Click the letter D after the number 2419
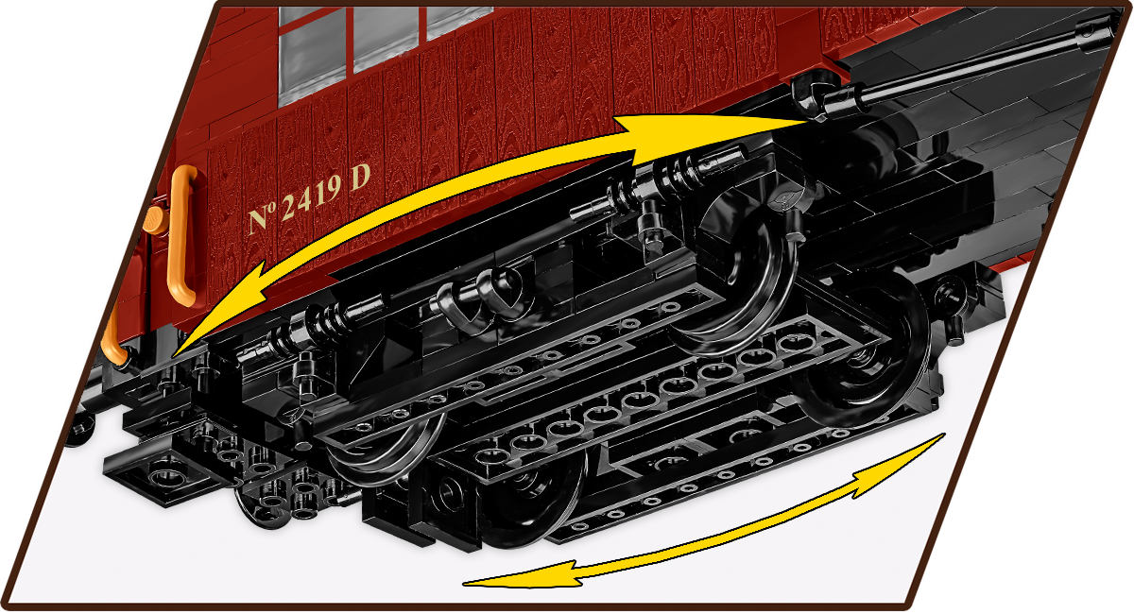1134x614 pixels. point(359,178)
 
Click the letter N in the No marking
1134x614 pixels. point(259,220)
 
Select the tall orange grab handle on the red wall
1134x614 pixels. point(182,236)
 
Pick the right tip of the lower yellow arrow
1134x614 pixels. point(944,435)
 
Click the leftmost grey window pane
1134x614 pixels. point(313,54)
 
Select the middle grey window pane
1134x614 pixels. point(386,38)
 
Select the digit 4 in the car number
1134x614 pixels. point(307,199)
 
